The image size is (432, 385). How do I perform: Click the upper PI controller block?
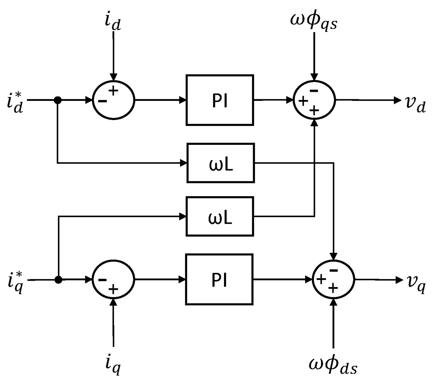pos(220,100)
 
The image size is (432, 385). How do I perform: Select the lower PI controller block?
pos(219,279)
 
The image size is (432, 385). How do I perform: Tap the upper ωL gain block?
pos(221,163)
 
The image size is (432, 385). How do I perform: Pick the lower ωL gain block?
pos(220,216)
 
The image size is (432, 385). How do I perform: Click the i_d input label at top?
pos(113,22)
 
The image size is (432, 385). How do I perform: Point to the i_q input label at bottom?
pos(113,364)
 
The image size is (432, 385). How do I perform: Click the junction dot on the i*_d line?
pos(57,100)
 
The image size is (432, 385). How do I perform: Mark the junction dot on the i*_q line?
pos(58,280)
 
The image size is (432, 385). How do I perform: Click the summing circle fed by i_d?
pos(114,100)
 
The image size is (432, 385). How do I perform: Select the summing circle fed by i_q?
pos(114,280)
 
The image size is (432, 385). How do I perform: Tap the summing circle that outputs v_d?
pos(314,100)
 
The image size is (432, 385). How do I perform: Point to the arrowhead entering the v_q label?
pos(400,280)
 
